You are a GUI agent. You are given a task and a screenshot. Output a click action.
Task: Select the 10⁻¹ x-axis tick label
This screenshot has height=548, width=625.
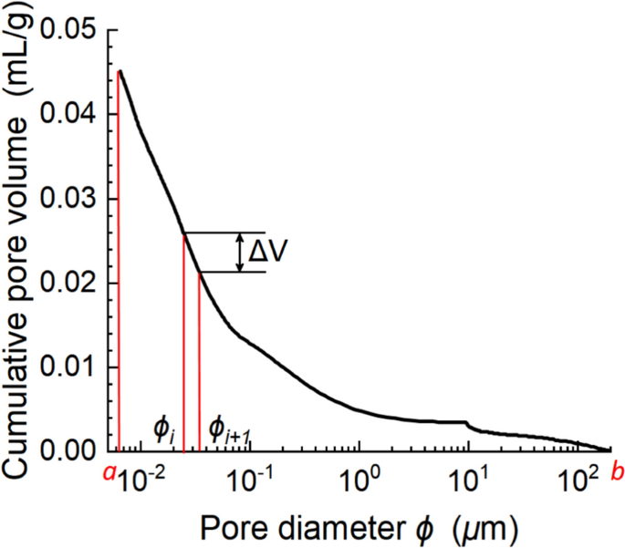tap(251, 475)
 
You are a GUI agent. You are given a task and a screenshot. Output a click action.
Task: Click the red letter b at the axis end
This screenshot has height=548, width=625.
tap(617, 473)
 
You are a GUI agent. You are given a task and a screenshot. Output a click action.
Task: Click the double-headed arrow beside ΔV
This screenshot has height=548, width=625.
tap(240, 253)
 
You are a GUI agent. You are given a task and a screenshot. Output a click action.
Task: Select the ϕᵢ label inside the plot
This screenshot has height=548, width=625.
tap(164, 427)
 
